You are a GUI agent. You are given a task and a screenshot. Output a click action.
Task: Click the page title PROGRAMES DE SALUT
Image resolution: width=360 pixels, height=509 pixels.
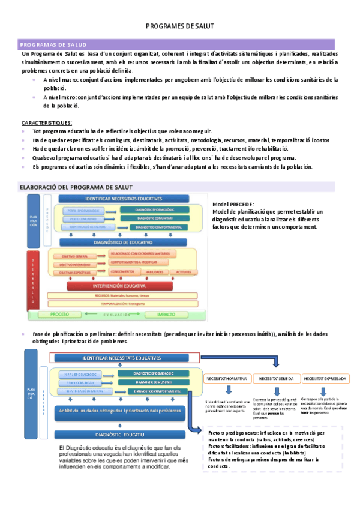coord(180,26)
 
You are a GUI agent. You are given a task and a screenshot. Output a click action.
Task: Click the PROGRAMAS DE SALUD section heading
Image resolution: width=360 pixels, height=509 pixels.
coord(53,45)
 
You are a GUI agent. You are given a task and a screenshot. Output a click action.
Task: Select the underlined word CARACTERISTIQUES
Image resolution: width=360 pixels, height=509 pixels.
coord(47,122)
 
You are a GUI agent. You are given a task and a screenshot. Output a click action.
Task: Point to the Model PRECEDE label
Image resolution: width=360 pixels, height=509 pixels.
coord(233,205)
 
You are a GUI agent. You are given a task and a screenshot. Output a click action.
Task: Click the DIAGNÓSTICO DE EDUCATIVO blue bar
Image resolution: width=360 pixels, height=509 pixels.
coord(122,242)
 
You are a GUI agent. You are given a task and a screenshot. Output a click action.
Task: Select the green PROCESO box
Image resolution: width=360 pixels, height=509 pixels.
coord(59,314)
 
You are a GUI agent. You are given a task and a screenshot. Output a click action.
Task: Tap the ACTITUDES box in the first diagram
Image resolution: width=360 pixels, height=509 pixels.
coord(183,272)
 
